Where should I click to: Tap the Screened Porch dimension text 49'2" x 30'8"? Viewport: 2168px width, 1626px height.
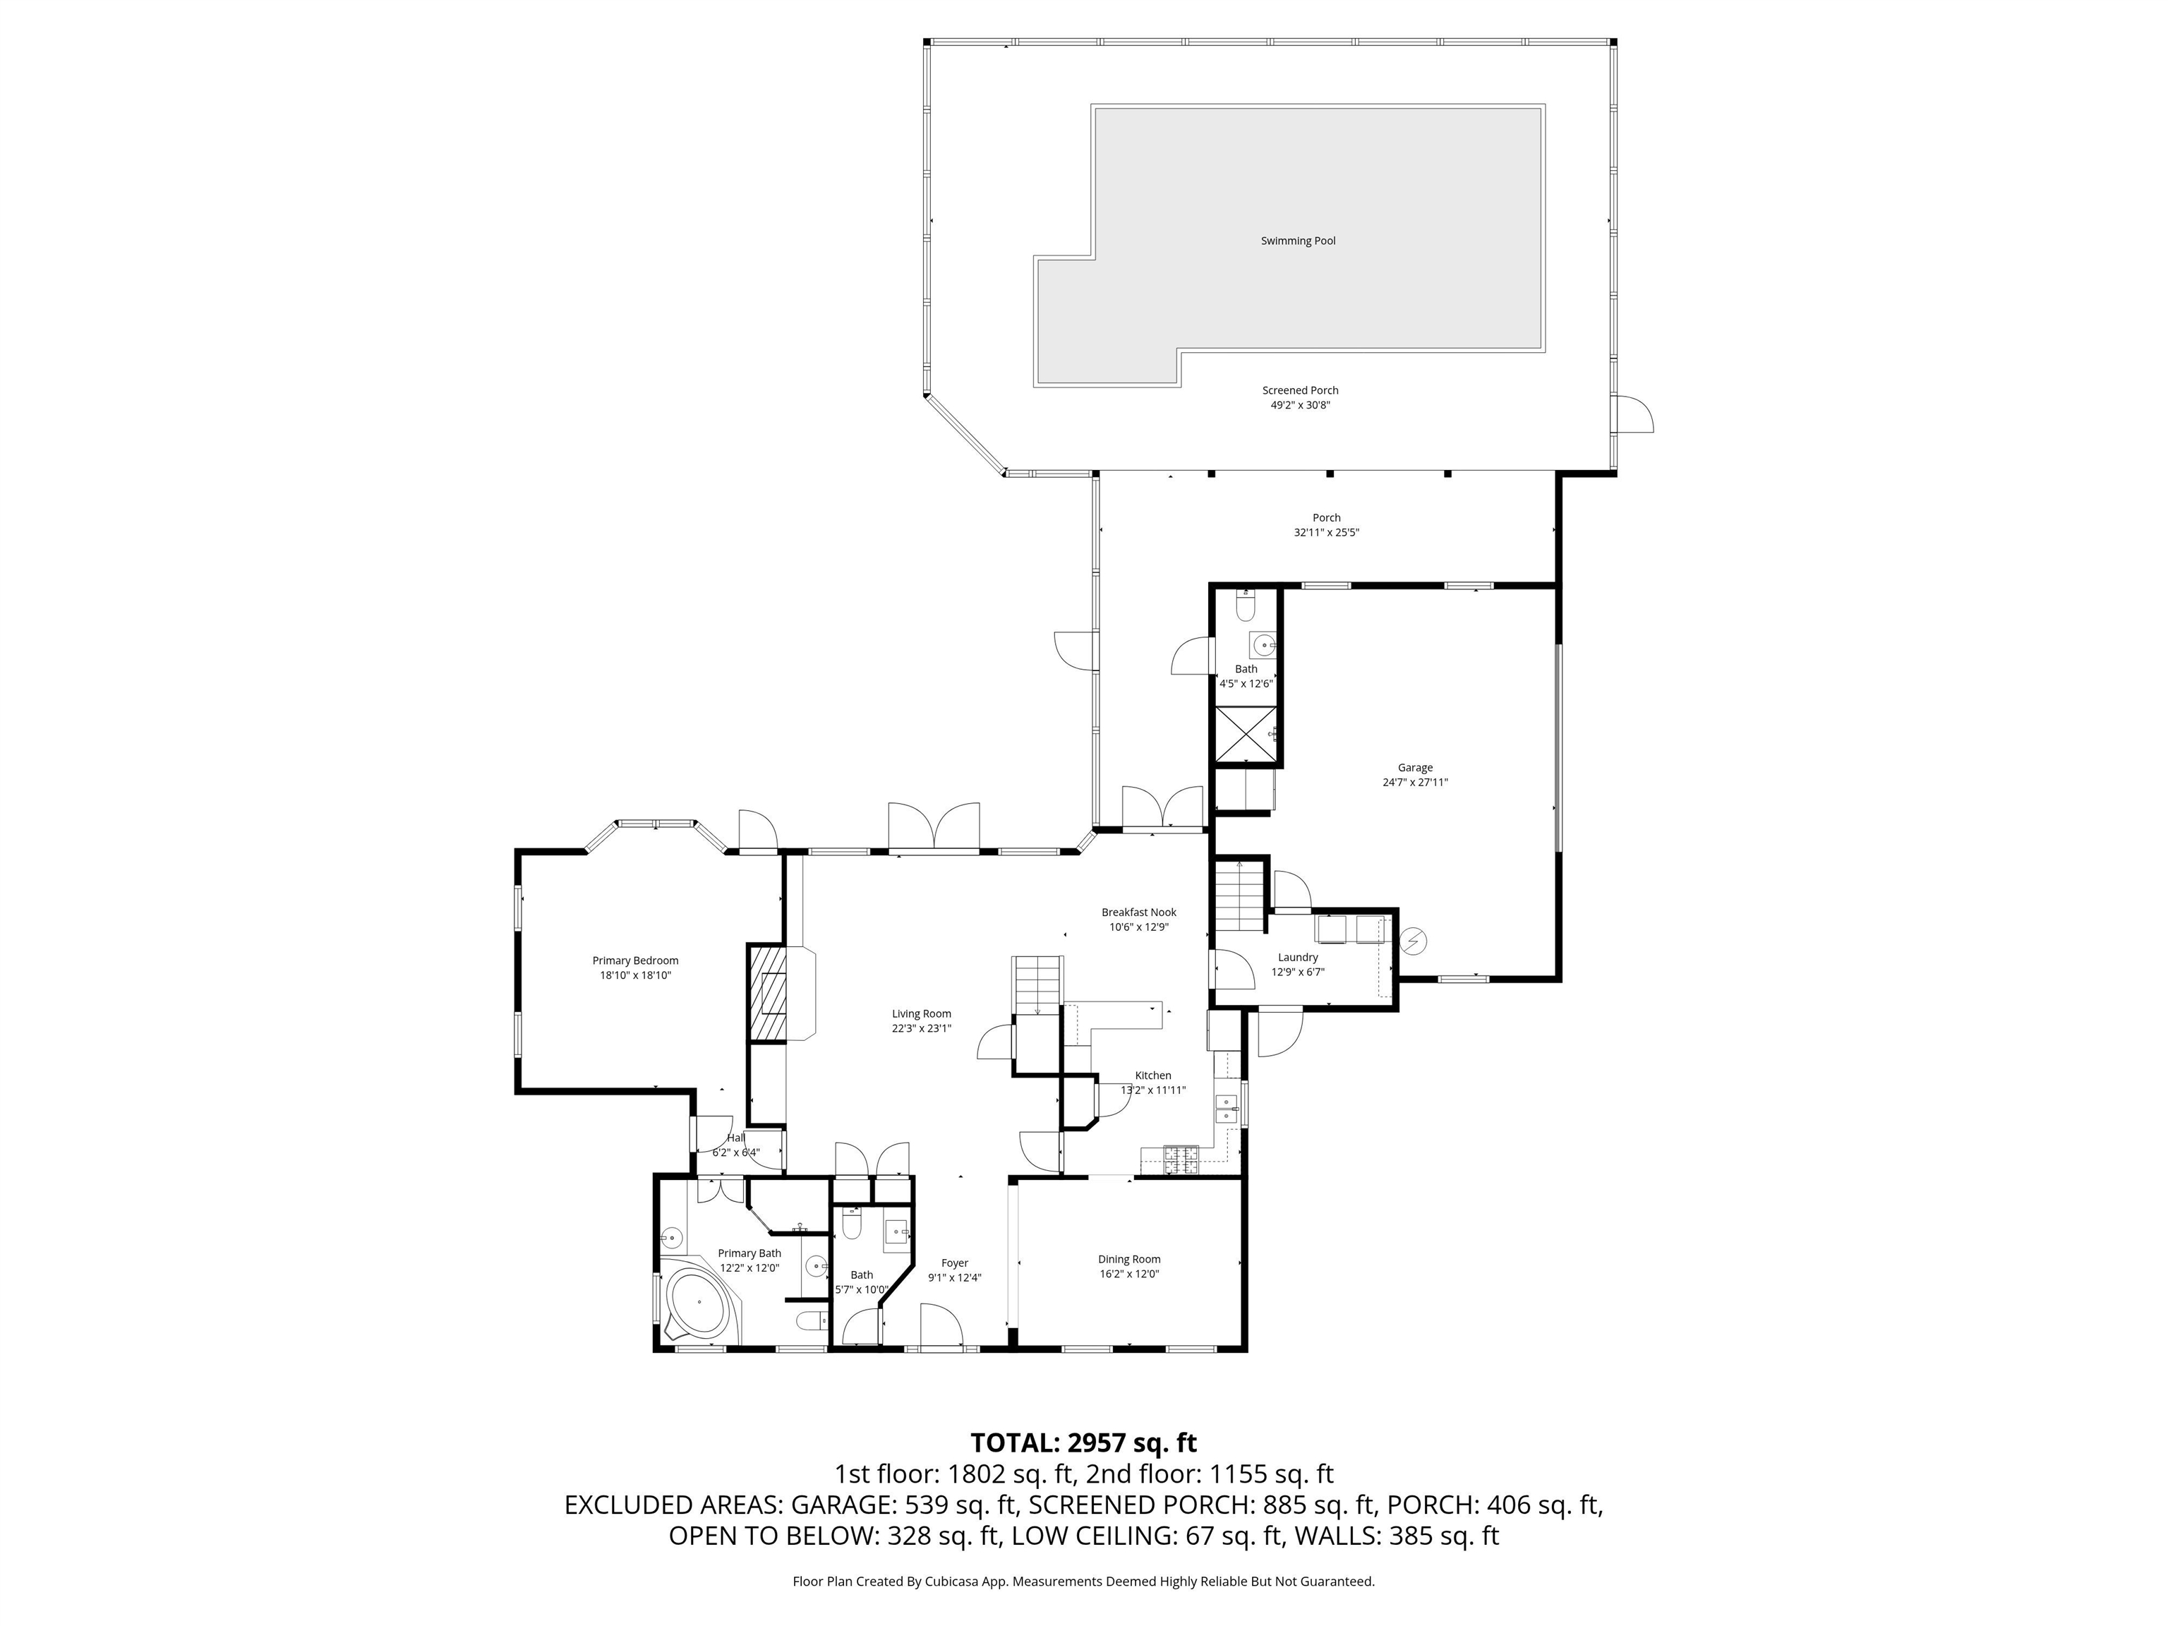coord(1300,405)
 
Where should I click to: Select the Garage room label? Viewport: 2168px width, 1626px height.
coord(1414,767)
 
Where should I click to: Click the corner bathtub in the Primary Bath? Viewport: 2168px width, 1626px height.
coord(699,1304)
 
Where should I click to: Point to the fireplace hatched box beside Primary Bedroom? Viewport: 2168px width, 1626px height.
coord(766,992)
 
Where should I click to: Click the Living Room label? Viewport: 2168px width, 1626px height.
coord(921,1013)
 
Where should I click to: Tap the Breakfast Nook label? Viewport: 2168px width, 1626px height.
coord(1138,912)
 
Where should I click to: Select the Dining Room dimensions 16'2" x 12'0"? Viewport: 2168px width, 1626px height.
coord(1129,1274)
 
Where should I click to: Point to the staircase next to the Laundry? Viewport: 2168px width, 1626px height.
coord(1240,896)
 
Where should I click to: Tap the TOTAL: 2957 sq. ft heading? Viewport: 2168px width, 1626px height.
coord(1083,1443)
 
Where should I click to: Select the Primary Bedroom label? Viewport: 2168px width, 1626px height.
coord(635,960)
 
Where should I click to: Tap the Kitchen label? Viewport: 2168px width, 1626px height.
coord(1152,1076)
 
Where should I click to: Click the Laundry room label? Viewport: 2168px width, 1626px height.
coord(1298,956)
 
